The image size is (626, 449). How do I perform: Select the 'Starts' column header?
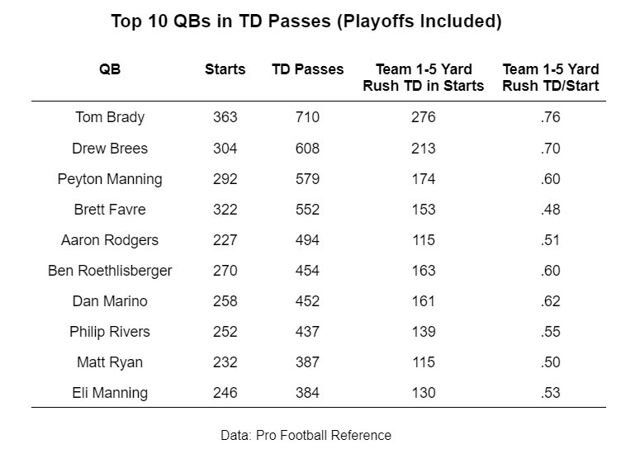coord(225,69)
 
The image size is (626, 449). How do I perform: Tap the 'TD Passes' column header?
coord(307,69)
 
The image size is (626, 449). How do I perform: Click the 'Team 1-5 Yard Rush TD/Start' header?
coord(550,78)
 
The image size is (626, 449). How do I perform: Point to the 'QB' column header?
coord(110,69)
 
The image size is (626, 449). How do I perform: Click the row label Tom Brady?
coord(110,117)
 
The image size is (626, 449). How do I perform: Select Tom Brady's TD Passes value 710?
coord(307,117)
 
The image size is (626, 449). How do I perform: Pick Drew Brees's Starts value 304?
coord(225,149)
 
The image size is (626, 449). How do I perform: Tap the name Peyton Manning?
coord(110,179)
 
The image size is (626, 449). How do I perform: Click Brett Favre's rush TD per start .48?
coord(550,210)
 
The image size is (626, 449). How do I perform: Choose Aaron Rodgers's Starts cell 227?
coord(225,240)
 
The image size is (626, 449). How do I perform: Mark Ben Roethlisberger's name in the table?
coord(110,271)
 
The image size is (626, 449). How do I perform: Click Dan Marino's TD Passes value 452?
coord(307,301)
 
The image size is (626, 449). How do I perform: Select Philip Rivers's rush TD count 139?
coord(423,332)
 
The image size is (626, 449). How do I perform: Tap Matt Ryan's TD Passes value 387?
coord(307,362)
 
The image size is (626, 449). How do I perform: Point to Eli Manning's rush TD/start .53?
coord(550,393)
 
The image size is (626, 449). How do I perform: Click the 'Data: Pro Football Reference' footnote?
coord(306,435)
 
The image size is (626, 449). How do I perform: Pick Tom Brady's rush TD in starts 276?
coord(423,117)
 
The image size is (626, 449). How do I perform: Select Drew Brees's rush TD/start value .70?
coord(550,149)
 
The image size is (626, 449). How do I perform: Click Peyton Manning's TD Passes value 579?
coord(307,179)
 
